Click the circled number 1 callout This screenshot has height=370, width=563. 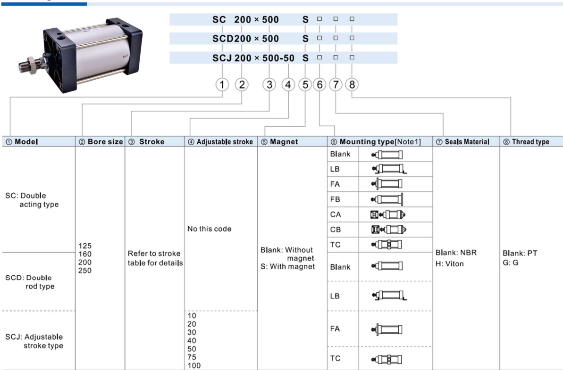pos(222,85)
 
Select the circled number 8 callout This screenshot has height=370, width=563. pos(352,85)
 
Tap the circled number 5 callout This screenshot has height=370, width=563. pos(305,85)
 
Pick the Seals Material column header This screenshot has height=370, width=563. pos(462,141)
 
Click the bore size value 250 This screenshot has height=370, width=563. pos(85,271)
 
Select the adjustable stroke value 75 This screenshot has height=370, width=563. pos(192,357)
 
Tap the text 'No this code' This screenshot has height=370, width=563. pos(210,229)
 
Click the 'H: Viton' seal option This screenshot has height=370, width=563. pos(450,263)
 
